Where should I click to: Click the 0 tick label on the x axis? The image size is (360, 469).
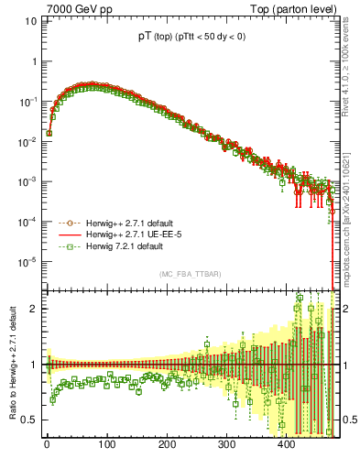(47, 446)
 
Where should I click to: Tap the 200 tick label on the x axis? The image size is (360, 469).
(166, 446)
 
